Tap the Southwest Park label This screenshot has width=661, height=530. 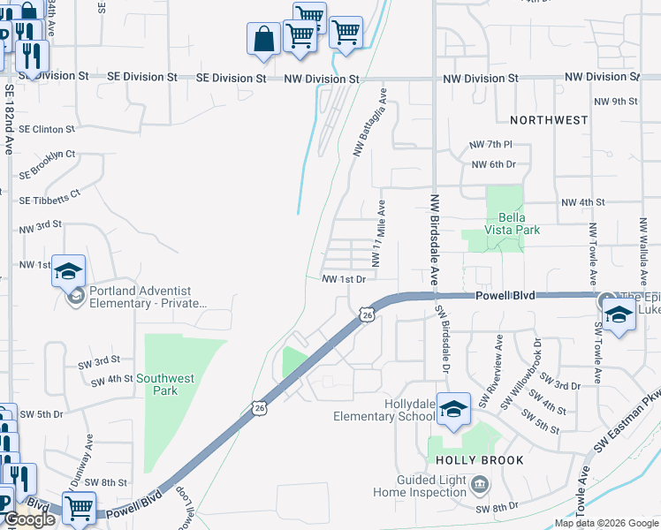[167, 384]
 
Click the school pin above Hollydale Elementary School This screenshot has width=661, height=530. [453, 408]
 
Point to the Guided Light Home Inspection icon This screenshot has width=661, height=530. [480, 484]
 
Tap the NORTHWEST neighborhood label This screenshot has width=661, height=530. [549, 119]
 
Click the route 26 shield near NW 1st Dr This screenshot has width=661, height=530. [367, 314]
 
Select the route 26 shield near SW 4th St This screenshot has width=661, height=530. [258, 407]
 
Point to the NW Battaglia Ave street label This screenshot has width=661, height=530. [370, 122]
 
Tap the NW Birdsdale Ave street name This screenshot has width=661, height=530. [435, 238]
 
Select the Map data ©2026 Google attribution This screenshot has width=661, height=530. [605, 523]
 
